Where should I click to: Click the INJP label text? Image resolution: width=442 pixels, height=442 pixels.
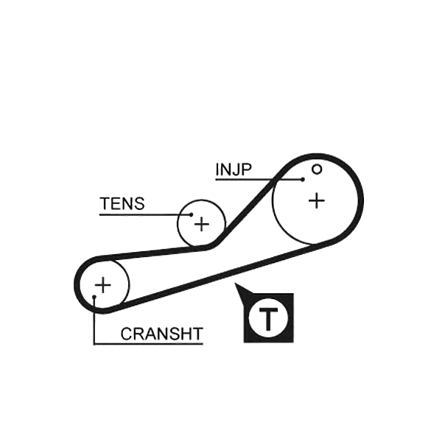[233, 169]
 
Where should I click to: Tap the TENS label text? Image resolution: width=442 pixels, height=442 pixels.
[122, 203]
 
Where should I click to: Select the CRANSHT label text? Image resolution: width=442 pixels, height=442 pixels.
[162, 334]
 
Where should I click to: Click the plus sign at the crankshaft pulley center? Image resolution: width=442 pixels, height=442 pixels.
[103, 285]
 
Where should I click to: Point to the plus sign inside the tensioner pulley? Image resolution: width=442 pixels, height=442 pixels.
[202, 225]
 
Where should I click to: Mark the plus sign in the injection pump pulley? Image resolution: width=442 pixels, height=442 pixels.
[317, 200]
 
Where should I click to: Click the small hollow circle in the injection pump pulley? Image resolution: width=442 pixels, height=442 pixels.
[317, 169]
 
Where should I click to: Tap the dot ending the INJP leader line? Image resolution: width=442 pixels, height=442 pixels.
[303, 179]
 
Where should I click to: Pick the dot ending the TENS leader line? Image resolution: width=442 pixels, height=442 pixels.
[191, 215]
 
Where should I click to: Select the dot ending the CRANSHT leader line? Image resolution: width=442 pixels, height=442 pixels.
[94, 297]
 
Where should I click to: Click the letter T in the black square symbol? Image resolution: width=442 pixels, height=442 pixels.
[268, 320]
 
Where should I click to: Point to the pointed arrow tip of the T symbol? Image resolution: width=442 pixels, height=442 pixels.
[235, 284]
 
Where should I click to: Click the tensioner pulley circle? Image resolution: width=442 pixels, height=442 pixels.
[178, 223]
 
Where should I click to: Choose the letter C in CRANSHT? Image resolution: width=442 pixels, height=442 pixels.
[127, 334]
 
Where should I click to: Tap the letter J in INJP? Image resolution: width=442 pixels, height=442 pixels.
[236, 169]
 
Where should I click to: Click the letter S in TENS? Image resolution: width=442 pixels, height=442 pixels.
[138, 203]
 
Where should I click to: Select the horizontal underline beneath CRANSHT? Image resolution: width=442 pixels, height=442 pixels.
[148, 343]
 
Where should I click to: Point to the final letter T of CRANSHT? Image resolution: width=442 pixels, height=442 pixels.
[197, 334]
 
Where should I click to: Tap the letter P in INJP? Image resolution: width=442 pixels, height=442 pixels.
[246, 169]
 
